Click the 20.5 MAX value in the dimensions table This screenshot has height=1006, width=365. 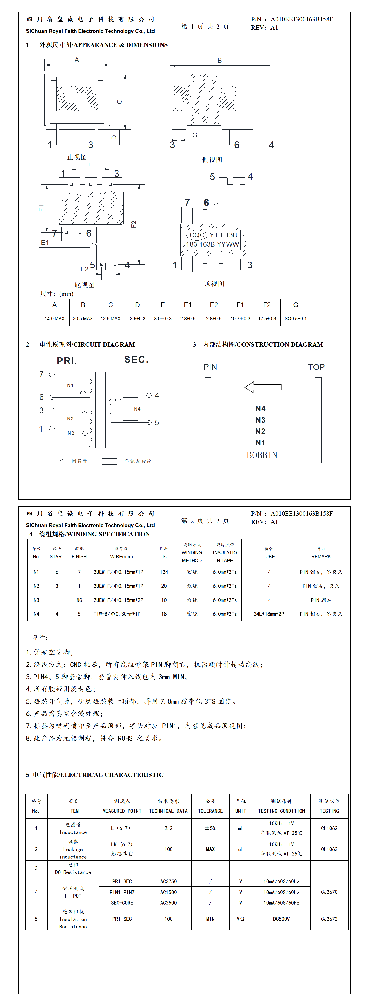83,318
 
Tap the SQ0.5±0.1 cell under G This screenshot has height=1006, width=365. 296,318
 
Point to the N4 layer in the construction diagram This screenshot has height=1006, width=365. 260,408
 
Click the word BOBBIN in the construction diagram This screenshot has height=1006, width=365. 262,455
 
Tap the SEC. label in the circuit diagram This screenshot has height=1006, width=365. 136,360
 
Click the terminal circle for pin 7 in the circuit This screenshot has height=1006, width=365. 52,375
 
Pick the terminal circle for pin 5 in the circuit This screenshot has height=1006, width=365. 149,422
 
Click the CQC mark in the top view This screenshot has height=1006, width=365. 197,235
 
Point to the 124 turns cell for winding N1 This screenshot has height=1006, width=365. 164,572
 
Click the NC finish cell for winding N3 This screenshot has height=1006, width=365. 79,600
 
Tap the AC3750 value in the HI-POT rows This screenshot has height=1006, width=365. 168,881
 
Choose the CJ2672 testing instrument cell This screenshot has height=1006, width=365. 329,919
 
